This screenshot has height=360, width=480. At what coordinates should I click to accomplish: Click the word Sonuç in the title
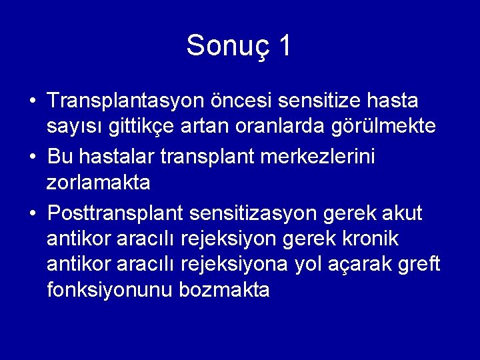(x=224, y=46)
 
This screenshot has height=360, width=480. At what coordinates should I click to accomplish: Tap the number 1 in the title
(x=284, y=45)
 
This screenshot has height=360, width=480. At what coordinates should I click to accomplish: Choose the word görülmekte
(x=390, y=125)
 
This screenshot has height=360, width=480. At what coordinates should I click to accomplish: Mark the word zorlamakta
(x=99, y=181)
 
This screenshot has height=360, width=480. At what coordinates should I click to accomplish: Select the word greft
(x=417, y=265)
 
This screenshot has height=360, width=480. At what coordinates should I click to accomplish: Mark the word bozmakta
(x=225, y=289)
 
